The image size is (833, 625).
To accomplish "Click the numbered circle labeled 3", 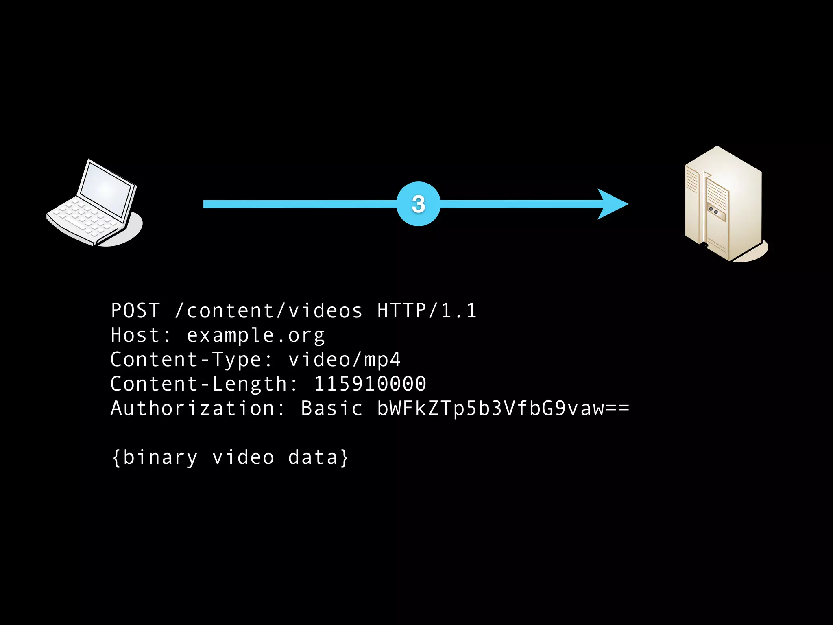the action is coord(418,204).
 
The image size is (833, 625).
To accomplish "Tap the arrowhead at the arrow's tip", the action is coord(612,204).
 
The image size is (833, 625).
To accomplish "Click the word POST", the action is coord(135,311).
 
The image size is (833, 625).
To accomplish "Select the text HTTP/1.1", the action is coord(427,311).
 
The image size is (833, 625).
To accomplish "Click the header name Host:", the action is coord(141,335).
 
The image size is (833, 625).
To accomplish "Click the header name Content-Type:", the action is coord(191,360).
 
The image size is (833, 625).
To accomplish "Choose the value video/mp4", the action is coord(345,360).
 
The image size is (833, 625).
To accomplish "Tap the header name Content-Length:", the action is coord(204,385).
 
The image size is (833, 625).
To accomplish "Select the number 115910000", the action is coord(370,384).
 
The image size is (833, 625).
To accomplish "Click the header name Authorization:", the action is coord(198,409).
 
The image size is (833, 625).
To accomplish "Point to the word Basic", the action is coord(331,409).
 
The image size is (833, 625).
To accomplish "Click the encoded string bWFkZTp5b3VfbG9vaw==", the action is coord(503,409).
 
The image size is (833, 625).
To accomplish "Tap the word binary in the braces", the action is coord(160,457).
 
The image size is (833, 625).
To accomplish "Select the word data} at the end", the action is coord(318,457).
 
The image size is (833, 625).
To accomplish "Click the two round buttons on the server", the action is coord(713,210).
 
